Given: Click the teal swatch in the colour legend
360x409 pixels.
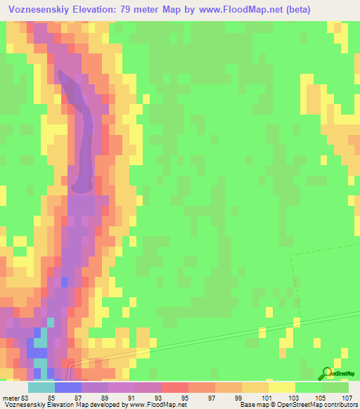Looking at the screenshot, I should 41,387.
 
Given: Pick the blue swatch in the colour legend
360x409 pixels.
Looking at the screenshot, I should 67,387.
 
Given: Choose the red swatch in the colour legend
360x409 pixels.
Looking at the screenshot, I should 174,387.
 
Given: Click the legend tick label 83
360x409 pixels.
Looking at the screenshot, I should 27,397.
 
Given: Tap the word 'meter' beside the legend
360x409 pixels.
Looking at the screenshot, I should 11,397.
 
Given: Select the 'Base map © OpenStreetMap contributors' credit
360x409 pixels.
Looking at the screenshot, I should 299,405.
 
